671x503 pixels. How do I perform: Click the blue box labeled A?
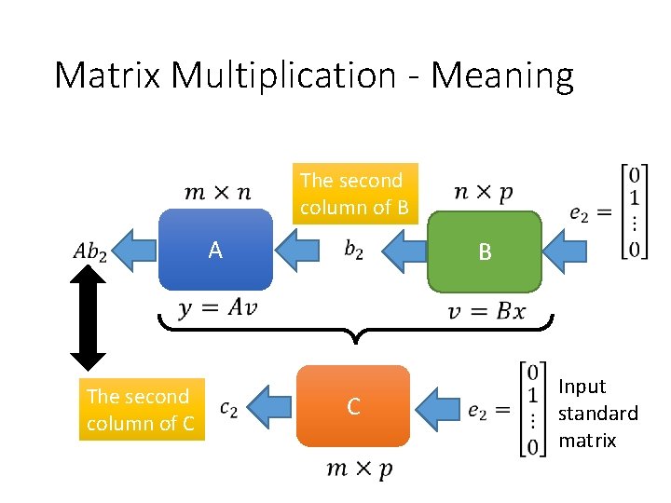point(215,250)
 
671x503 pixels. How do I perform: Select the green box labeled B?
point(484,251)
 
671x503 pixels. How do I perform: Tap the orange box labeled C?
point(353,406)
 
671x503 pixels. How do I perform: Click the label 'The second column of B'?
point(353,194)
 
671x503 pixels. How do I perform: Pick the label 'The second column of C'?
point(141,409)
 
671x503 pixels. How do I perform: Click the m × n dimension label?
point(218,192)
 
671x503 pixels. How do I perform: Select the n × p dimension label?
point(483,192)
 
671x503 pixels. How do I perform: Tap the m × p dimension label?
point(359,469)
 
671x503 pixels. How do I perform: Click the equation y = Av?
point(216,309)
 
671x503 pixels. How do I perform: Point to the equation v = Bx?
point(486,311)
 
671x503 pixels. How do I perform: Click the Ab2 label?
point(89,251)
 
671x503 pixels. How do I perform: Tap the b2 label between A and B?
point(354,250)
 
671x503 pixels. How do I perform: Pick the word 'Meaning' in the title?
point(502,75)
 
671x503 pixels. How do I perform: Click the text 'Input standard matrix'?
point(597,413)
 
